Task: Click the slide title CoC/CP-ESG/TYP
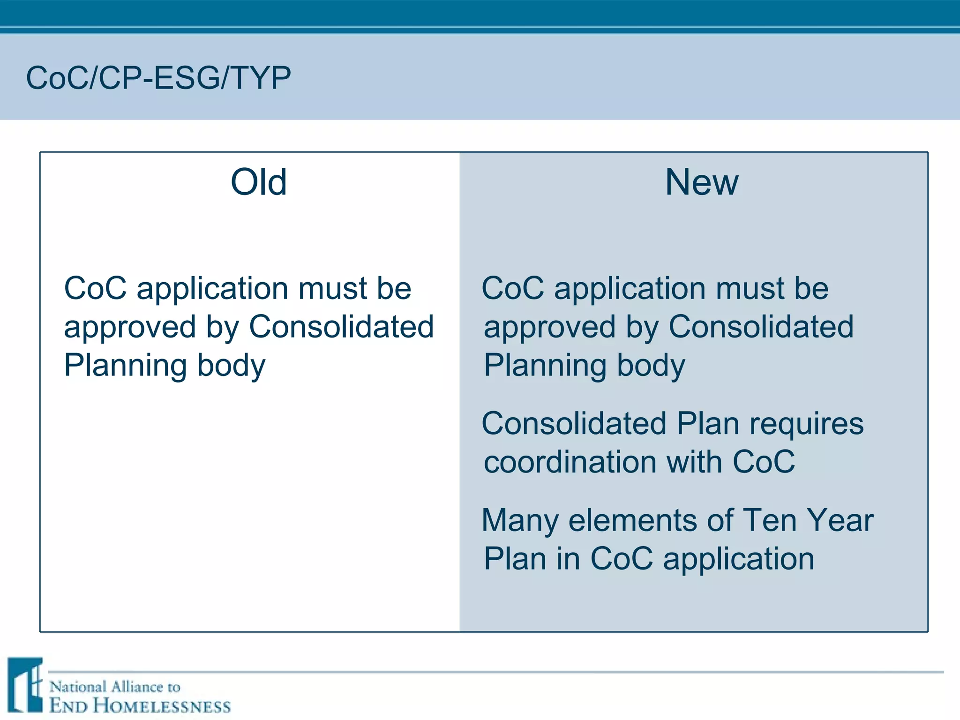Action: pos(158,78)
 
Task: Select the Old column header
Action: pos(259,182)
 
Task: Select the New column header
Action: pos(701,182)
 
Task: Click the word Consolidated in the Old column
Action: pos(341,327)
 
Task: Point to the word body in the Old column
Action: pos(231,365)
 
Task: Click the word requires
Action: pos(806,424)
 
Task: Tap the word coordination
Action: pos(569,462)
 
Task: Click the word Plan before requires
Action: pos(708,424)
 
